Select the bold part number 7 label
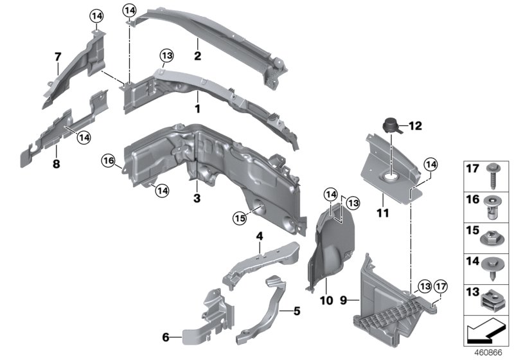tap(57, 61)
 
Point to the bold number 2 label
tap(197, 56)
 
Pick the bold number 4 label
tap(260, 237)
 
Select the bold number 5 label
tap(296, 311)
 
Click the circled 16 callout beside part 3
tap(107, 159)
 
